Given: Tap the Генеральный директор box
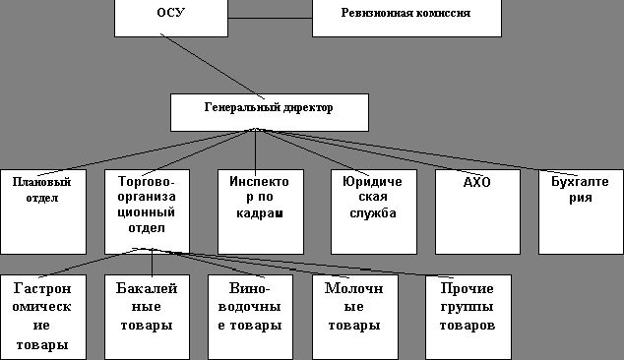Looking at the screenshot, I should click(269, 111).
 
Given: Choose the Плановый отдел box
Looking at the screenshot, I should click(36, 210).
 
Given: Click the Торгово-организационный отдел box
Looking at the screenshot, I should click(145, 210).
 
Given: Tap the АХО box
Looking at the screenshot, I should click(476, 210).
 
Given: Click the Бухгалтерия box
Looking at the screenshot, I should click(580, 210).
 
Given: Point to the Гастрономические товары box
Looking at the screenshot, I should click(41, 317).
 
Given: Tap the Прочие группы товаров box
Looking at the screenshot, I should click(468, 317).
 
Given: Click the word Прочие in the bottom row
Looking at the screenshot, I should click(468, 289).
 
